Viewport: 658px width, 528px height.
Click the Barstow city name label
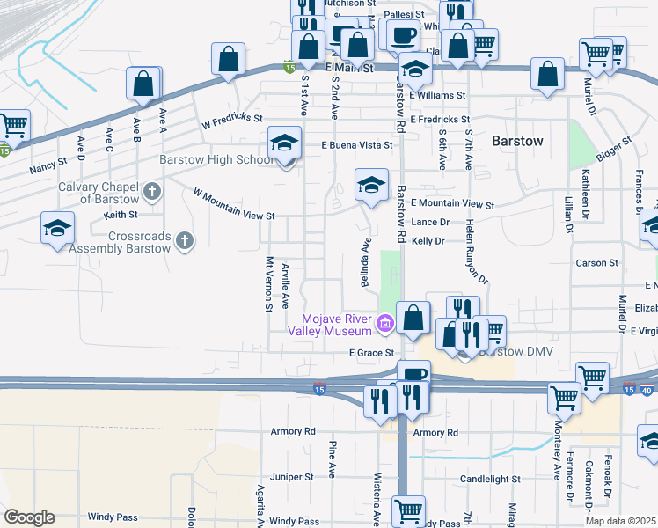pos(517,141)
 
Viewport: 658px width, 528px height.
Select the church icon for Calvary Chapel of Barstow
pos(152,191)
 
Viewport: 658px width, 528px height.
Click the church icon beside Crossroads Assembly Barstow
pos(183,240)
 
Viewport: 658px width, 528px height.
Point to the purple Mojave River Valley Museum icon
pos(384,325)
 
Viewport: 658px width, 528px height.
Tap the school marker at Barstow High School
pos(285,143)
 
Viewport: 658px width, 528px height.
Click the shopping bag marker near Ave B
pos(144,84)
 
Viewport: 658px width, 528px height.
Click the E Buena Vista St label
pos(356,144)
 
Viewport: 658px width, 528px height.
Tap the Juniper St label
pos(292,477)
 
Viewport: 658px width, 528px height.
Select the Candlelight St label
pos(491,480)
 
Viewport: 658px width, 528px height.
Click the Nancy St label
pos(48,164)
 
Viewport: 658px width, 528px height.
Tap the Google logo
pos(29,517)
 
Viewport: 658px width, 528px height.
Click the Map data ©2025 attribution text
pos(621,521)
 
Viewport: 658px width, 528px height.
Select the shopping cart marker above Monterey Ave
pos(565,398)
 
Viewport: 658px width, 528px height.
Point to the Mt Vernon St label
pos(269,283)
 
